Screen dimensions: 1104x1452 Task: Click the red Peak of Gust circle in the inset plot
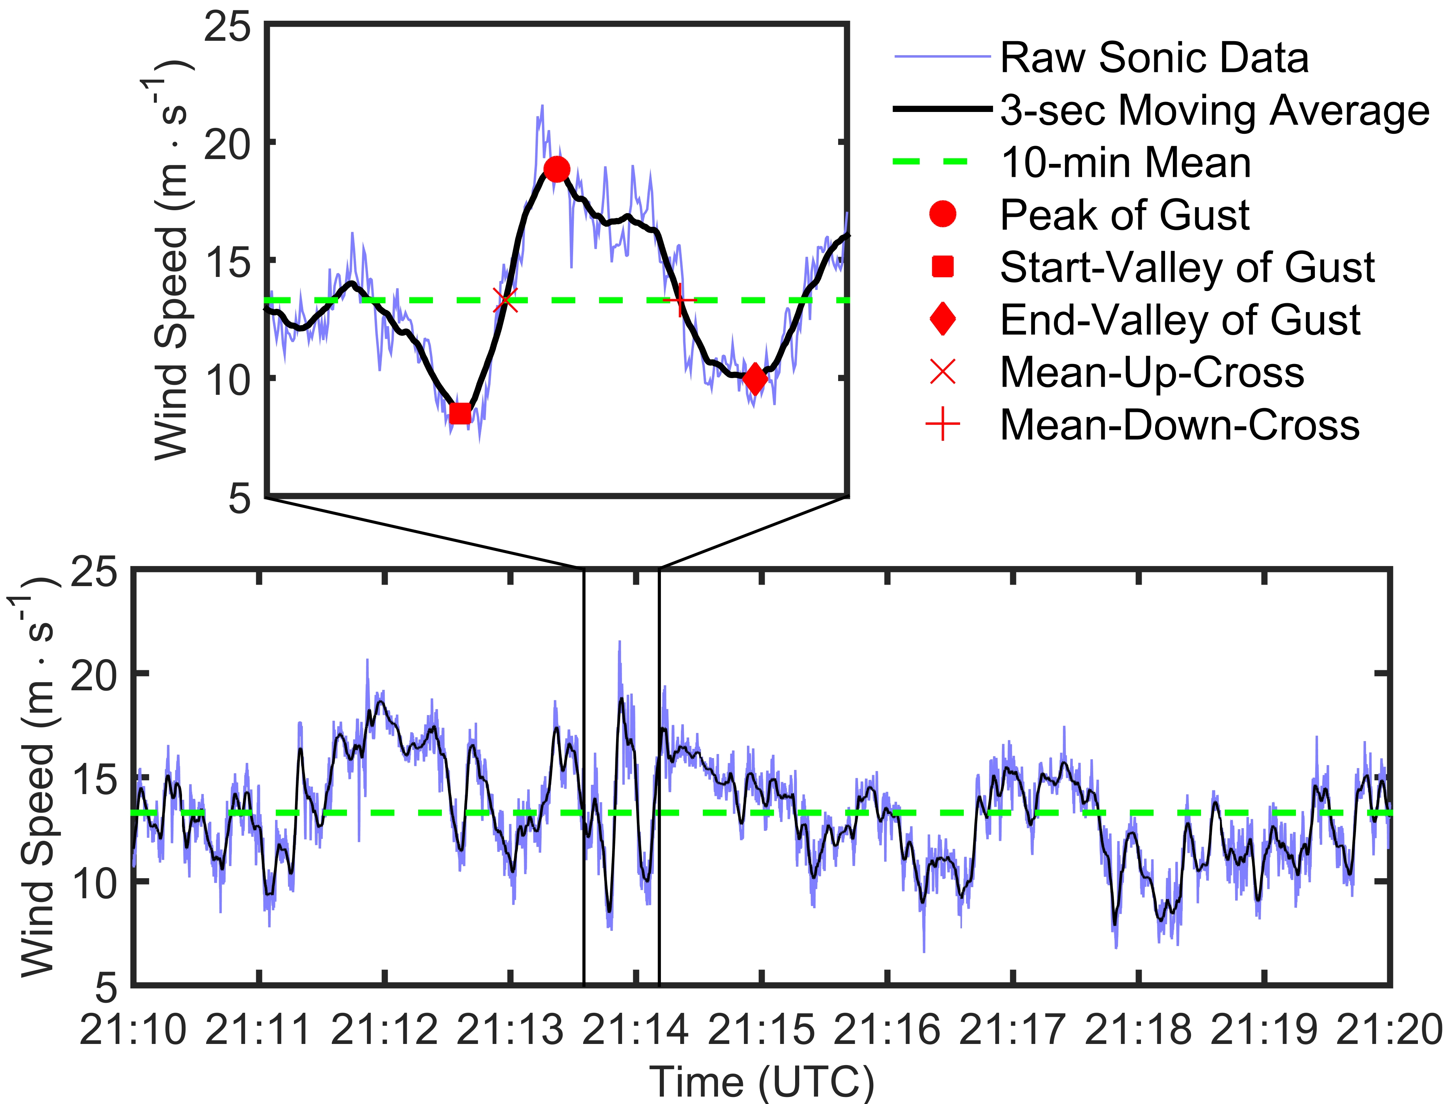point(556,169)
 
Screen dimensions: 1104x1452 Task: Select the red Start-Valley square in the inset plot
point(460,413)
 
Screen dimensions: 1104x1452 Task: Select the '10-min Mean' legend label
point(1125,163)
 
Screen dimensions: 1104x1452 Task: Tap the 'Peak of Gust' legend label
point(1124,215)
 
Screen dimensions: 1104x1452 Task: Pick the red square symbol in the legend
point(943,267)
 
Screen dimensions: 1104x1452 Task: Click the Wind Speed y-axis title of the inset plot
point(172,260)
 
